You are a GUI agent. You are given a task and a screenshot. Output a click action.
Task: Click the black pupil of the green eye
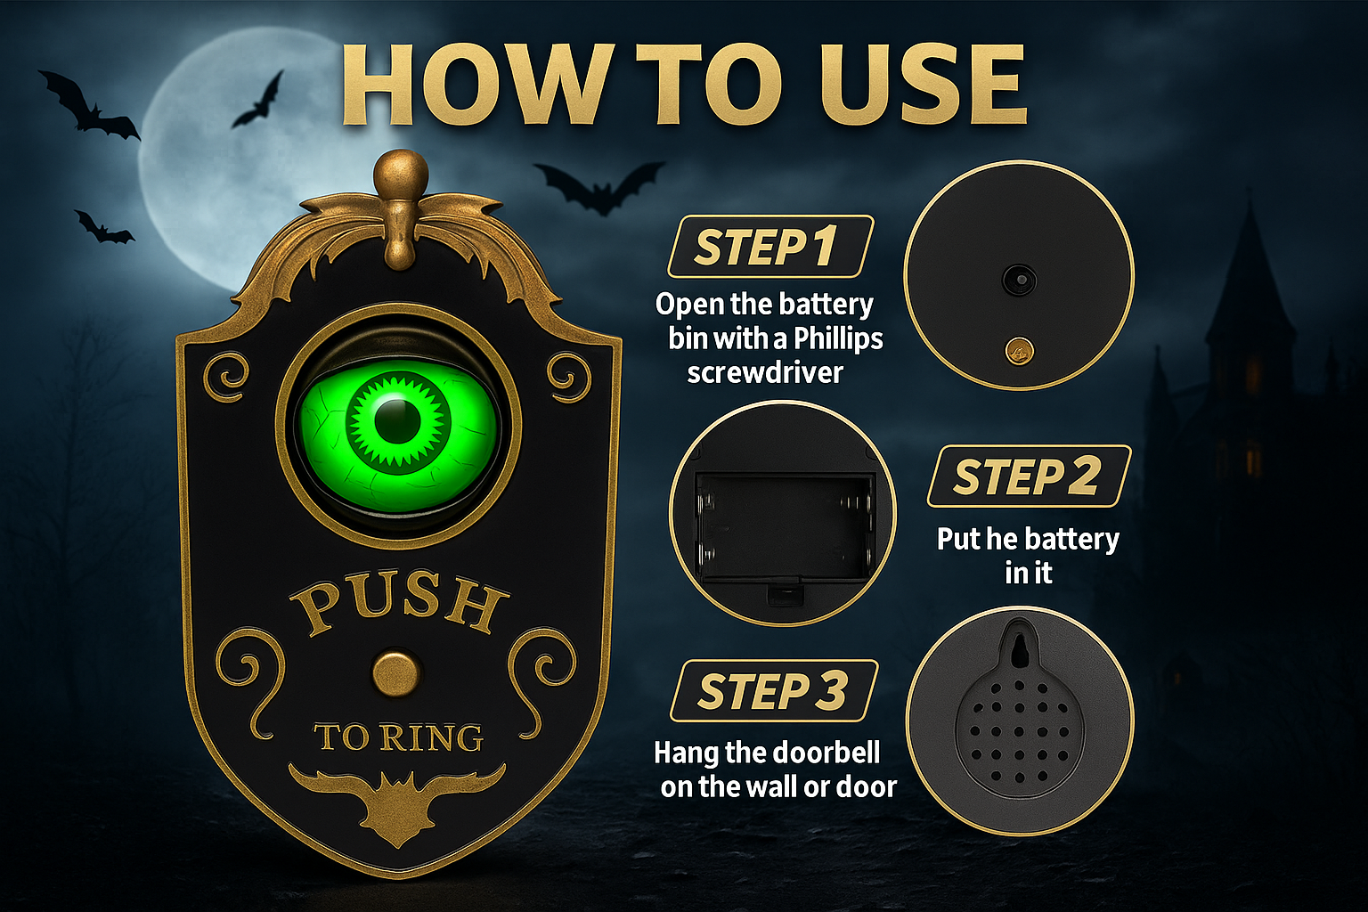coord(389,421)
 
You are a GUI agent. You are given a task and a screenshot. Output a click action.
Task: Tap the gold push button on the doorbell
coord(396,673)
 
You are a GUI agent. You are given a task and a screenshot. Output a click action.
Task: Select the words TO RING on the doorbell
coord(399,737)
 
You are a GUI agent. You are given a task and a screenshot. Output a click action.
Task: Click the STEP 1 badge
coord(770,246)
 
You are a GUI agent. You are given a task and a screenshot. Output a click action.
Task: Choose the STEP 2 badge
coord(1029,476)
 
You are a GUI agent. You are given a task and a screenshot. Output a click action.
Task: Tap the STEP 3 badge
coord(774,691)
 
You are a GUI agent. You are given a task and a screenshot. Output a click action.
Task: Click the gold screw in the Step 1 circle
coord(1019,351)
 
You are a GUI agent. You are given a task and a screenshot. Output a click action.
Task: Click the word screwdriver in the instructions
coord(765,372)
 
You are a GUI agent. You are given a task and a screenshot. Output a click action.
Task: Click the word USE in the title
coord(923,85)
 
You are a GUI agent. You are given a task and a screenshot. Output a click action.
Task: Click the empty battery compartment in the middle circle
coord(784,526)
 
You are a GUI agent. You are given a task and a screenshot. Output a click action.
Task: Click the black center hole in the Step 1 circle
coord(1019,280)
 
